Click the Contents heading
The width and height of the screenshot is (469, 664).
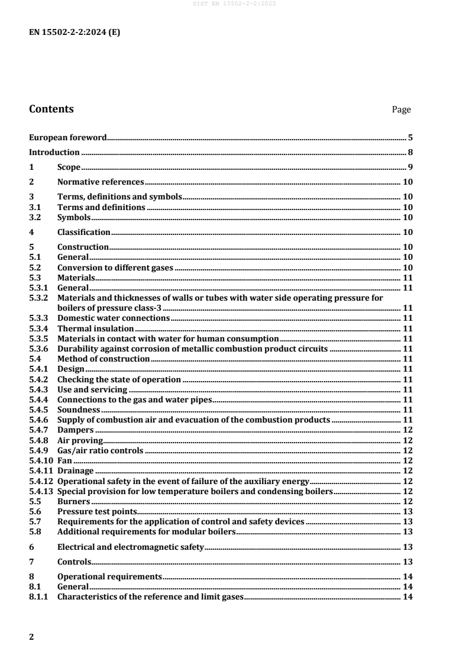pos(51,109)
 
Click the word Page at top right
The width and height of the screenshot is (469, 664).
pos(401,109)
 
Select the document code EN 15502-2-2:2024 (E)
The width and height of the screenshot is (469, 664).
pos(75,33)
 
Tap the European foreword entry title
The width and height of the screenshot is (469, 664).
pos(68,138)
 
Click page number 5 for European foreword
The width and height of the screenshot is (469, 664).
pos(410,138)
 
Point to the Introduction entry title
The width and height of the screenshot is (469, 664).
pos(54,153)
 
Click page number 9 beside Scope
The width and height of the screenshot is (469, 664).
pos(410,167)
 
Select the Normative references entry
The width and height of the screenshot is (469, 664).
pos(101,182)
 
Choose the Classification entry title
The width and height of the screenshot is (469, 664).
pos(84,232)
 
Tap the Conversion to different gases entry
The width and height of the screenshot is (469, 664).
pos(115,267)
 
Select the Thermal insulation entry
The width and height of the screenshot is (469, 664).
pos(96,328)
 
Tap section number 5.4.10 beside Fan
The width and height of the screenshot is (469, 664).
pos(41,460)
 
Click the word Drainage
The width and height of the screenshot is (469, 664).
pos(76,470)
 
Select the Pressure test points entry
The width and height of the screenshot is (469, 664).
pos(96,511)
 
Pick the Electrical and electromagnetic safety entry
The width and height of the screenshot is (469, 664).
pos(130,546)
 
